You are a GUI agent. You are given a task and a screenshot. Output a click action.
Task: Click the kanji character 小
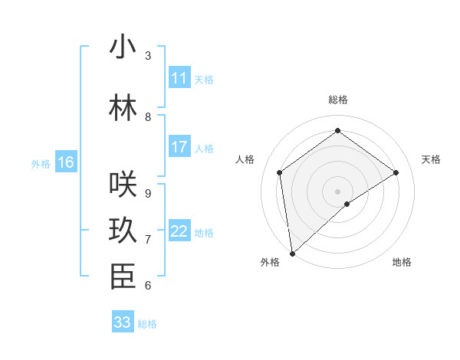click(x=123, y=47)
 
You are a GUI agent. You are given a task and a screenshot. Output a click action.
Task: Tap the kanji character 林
click(x=123, y=108)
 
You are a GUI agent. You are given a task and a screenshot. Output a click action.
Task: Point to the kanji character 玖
click(x=123, y=231)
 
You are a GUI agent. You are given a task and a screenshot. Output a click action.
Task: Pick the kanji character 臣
click(x=123, y=277)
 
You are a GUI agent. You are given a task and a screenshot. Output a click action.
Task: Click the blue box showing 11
click(x=179, y=78)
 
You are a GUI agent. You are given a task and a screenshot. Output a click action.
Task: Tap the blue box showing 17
click(x=179, y=147)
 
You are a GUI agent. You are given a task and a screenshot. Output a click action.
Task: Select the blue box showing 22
click(x=179, y=231)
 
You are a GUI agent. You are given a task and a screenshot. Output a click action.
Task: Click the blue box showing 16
click(x=66, y=162)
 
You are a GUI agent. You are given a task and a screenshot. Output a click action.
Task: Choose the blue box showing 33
click(x=123, y=322)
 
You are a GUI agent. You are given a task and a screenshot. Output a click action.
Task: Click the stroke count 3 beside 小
click(x=148, y=56)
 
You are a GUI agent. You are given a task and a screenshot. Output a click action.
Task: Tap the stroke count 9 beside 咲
click(x=148, y=194)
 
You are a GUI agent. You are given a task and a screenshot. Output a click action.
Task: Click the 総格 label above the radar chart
click(x=337, y=100)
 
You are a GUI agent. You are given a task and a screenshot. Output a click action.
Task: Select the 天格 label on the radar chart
click(x=432, y=159)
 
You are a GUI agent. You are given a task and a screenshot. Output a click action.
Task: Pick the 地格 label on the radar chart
click(x=402, y=262)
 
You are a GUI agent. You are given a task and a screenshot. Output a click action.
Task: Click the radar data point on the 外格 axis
click(x=292, y=253)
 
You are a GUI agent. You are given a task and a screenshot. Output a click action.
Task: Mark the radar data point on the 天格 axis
click(x=396, y=172)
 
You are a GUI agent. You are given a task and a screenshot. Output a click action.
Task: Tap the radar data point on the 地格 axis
click(x=347, y=204)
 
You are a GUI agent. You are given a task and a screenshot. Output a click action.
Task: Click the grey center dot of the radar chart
click(x=337, y=191)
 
